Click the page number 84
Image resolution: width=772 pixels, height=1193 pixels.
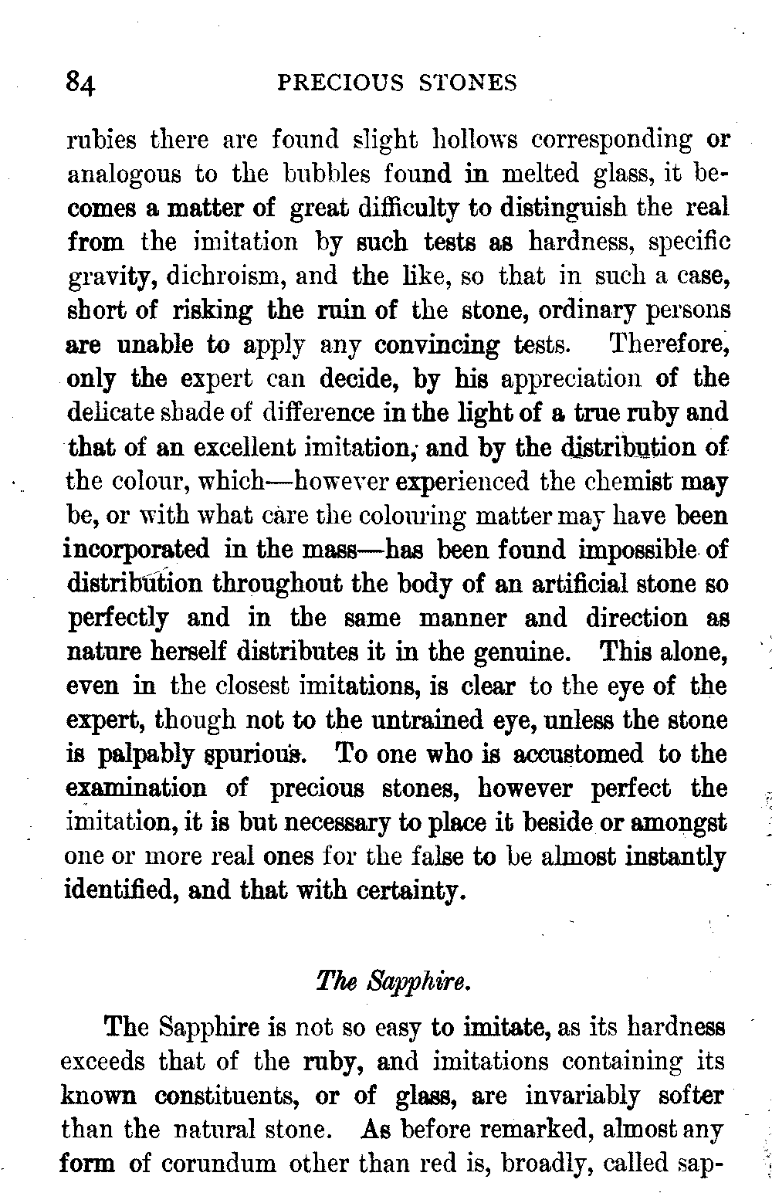tap(80, 83)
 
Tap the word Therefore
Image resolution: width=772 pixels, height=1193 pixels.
tap(669, 344)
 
